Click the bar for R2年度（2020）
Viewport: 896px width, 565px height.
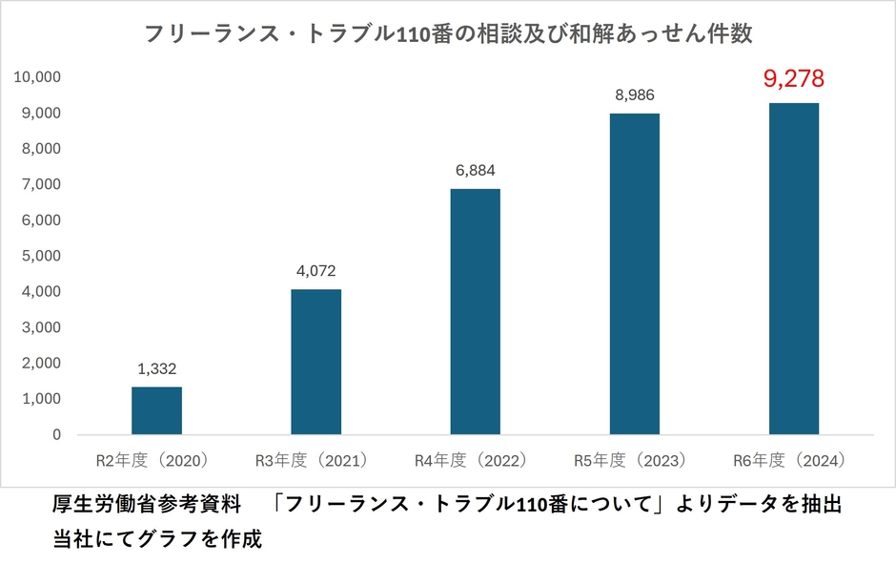pyautogui.click(x=156, y=410)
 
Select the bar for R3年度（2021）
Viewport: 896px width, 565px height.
pyautogui.click(x=316, y=362)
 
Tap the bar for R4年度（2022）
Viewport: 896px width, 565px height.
pyautogui.click(x=475, y=311)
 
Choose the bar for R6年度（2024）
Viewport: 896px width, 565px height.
pyautogui.click(x=793, y=268)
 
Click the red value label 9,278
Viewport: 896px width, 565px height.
pyautogui.click(x=793, y=78)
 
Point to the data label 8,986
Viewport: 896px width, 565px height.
pyautogui.click(x=634, y=94)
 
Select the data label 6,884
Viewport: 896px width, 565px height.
pyautogui.click(x=475, y=171)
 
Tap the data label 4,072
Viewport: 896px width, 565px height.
pyautogui.click(x=316, y=271)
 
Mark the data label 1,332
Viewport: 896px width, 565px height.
pyautogui.click(x=156, y=368)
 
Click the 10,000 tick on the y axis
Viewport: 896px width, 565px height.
pyautogui.click(x=37, y=77)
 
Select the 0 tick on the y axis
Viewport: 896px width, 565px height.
pyautogui.click(x=56, y=434)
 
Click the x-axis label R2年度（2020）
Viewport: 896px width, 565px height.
pyautogui.click(x=156, y=460)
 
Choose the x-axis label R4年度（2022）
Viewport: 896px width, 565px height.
pyautogui.click(x=475, y=460)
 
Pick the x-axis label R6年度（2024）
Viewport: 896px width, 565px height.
pyautogui.click(x=793, y=460)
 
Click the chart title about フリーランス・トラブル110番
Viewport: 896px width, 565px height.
pyautogui.click(x=448, y=34)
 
